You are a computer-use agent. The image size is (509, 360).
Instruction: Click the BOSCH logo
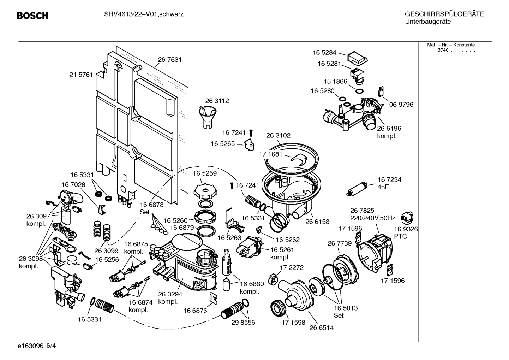tap(32, 16)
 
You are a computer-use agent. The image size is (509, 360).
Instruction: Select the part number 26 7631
tap(170, 60)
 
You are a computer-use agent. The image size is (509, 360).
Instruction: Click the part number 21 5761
tap(81, 75)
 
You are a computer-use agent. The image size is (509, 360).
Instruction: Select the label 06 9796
tap(401, 105)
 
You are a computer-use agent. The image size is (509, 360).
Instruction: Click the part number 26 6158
tap(317, 222)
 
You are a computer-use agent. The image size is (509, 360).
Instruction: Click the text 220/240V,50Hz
tap(372, 218)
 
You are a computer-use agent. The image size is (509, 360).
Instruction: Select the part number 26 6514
tap(321, 327)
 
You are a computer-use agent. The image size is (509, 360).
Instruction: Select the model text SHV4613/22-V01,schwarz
tap(144, 14)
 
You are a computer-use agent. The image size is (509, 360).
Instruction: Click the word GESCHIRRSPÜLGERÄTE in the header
tap(444, 14)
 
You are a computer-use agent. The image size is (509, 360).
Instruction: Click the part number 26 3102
tap(278, 135)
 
